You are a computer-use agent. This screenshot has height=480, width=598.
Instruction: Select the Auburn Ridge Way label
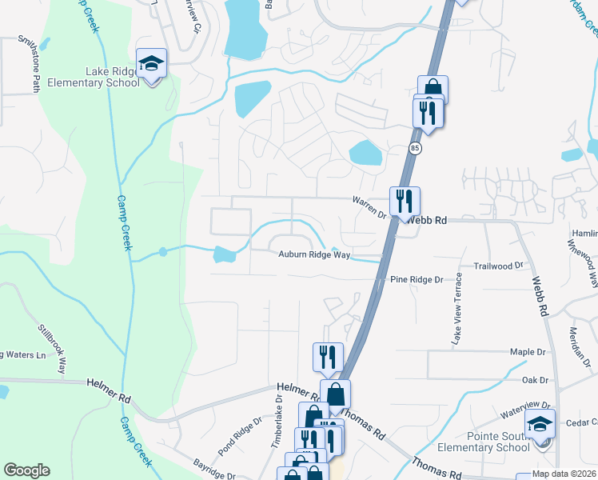point(314,255)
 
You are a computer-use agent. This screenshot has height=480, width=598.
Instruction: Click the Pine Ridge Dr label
point(416,279)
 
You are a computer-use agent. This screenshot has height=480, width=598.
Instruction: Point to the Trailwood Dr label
point(498,265)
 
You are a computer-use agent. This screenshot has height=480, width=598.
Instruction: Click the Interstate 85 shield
point(414,149)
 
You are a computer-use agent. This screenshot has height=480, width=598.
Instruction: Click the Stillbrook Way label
point(50,348)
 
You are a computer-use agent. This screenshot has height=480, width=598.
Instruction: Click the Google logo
point(26,470)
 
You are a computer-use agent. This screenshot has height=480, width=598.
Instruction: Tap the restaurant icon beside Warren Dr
point(405,200)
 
